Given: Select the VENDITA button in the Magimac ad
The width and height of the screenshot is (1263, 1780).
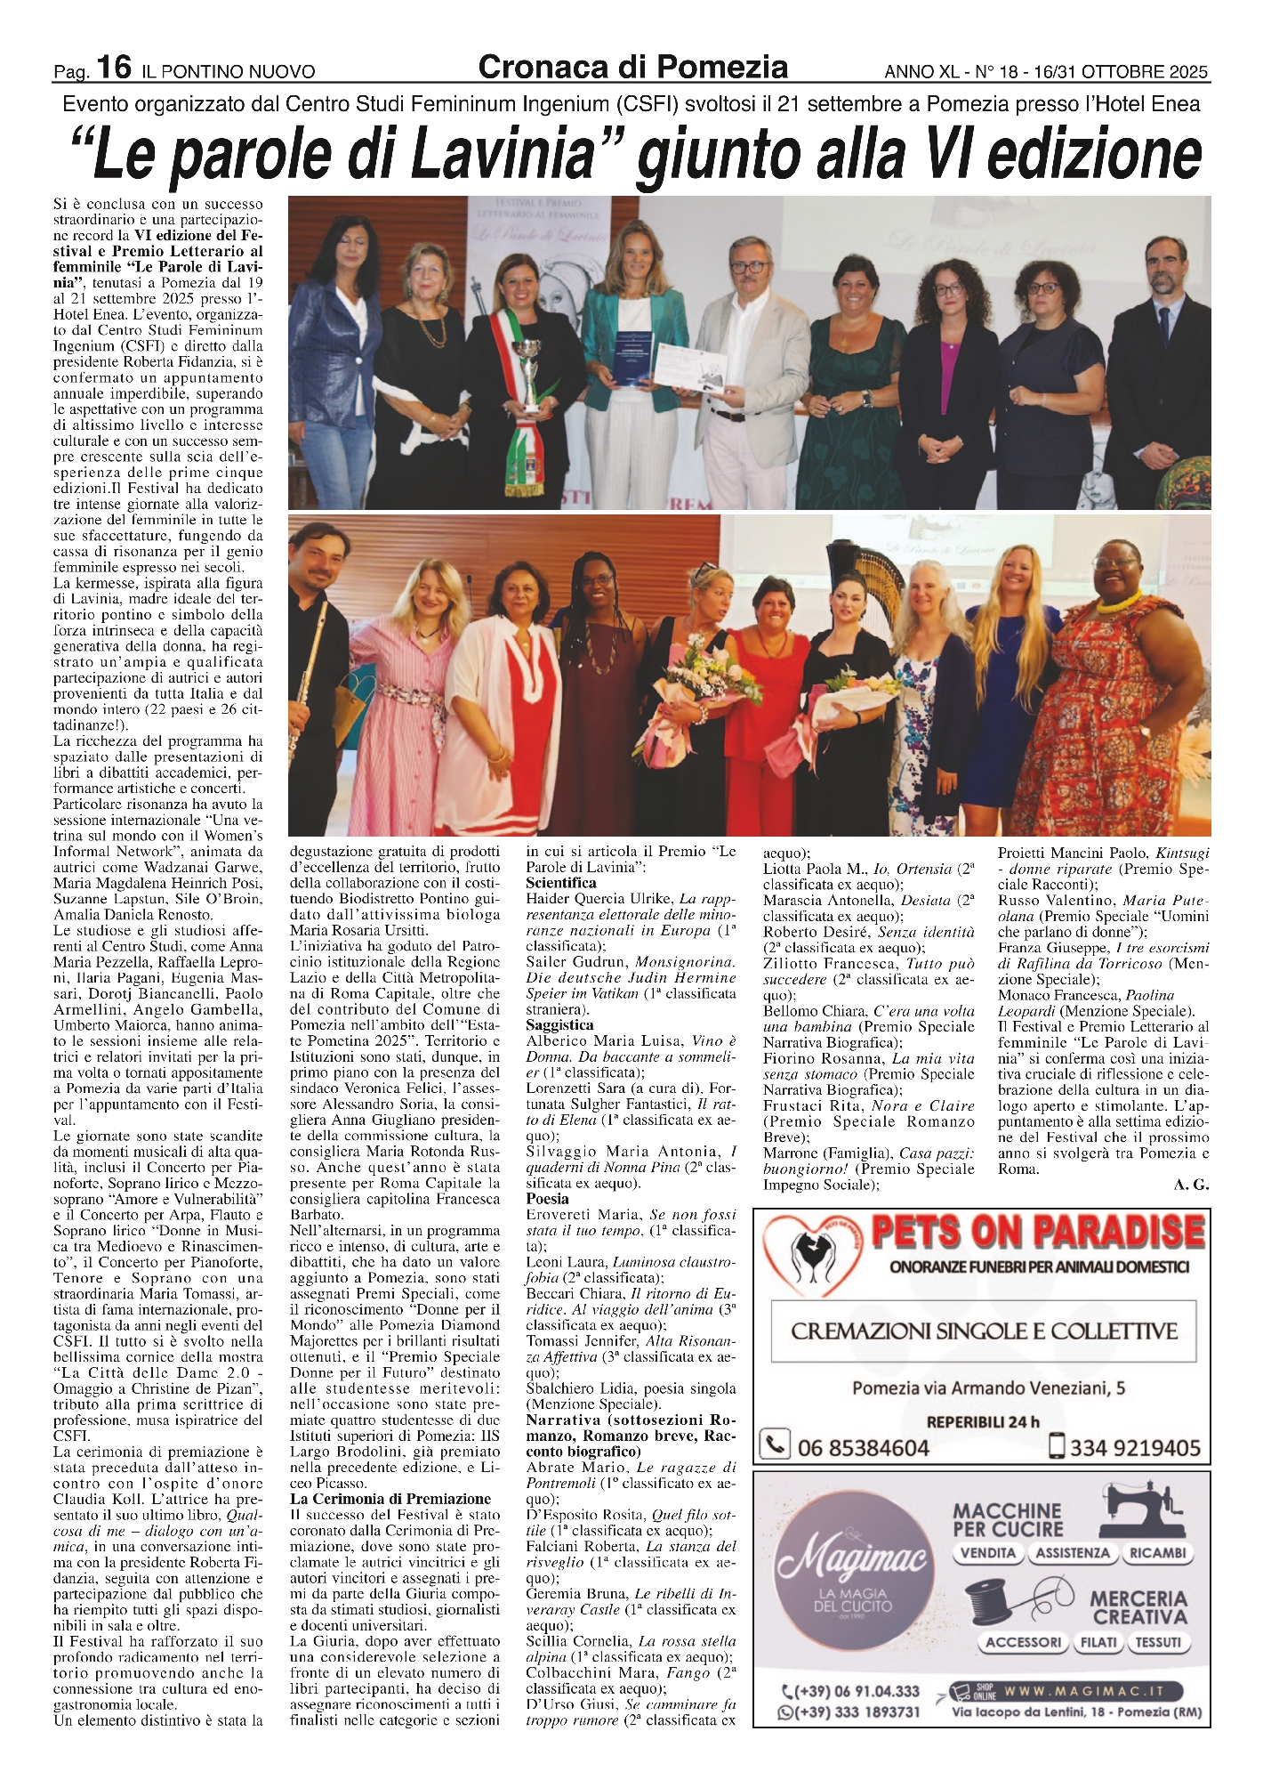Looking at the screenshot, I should coord(988,1553).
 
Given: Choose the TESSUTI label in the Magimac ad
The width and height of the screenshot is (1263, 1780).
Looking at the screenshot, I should coord(1157,1643).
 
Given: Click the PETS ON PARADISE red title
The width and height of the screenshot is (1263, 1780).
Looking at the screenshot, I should coord(1037,1234).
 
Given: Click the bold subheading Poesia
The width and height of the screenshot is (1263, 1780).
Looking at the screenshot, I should coord(547,1200).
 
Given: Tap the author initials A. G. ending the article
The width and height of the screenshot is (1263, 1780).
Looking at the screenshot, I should coord(1191,1185).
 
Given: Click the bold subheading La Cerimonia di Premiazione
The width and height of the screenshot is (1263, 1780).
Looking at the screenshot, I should coord(390,1500).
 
